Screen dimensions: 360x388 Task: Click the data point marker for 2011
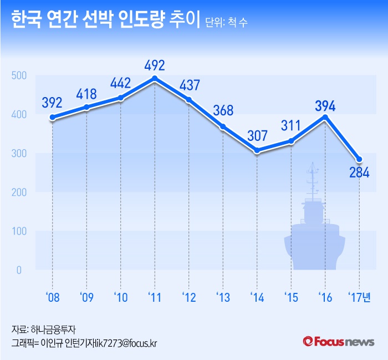click(x=155, y=78)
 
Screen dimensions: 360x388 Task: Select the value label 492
click(x=155, y=65)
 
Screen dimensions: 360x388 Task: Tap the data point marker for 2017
click(x=359, y=160)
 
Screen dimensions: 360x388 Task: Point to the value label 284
click(x=359, y=173)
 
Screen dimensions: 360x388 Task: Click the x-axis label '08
click(x=53, y=297)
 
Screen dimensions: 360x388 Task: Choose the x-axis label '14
click(x=257, y=297)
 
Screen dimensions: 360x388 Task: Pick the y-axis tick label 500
click(x=18, y=75)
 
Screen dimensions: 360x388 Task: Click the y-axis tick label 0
click(x=18, y=270)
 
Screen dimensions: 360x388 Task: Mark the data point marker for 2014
click(x=257, y=150)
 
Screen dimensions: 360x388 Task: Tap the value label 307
click(x=257, y=135)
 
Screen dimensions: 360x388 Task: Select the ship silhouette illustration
click(x=314, y=227)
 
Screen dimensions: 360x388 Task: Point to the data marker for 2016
click(x=325, y=117)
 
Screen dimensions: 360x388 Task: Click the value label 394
click(x=325, y=104)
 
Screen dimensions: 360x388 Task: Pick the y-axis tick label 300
click(x=18, y=154)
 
